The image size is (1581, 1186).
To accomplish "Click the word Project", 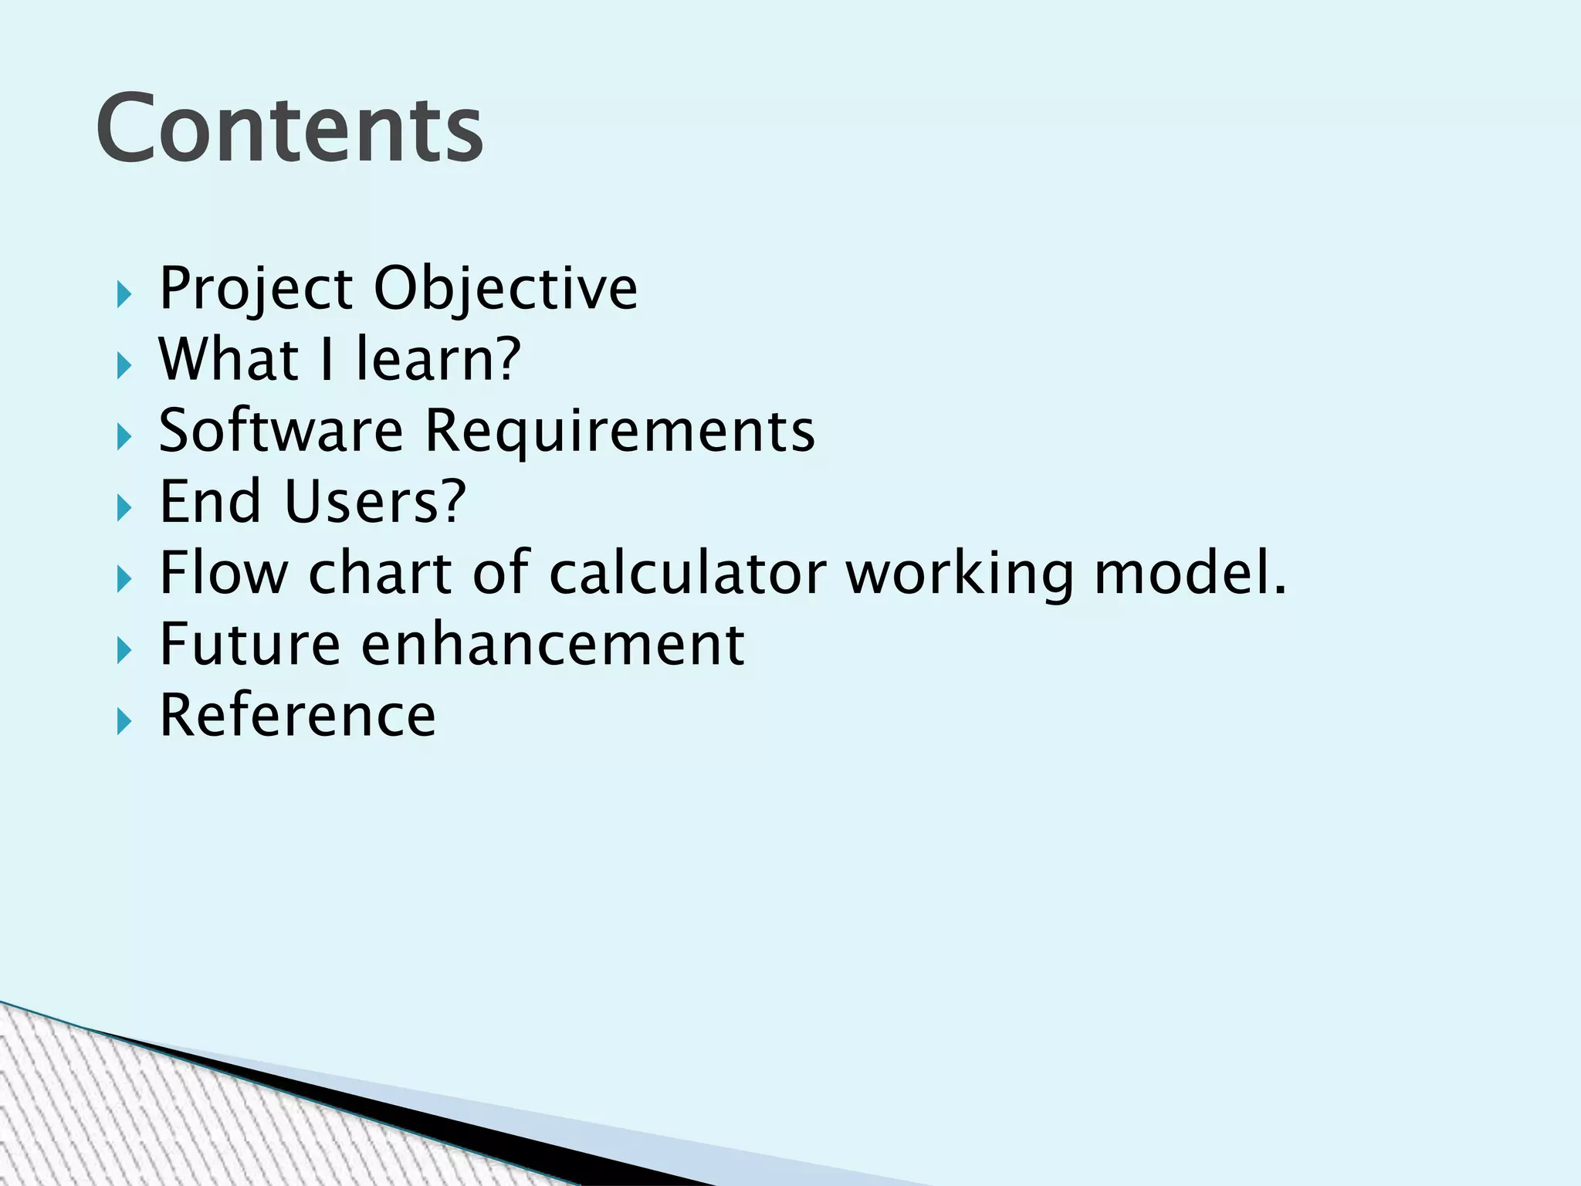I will coord(256,289).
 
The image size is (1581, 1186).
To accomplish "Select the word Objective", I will coord(506,289).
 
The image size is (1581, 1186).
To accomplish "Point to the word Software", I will coord(281,431).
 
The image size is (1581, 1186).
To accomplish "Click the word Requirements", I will coord(619,431).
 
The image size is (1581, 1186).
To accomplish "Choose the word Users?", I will coord(375,502).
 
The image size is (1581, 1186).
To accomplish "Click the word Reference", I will coord(297,716).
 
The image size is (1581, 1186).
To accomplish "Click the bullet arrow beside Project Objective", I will coord(124,294).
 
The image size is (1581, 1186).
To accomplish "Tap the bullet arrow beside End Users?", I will coord(124,508).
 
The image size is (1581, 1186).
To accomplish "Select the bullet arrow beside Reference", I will coord(124,722).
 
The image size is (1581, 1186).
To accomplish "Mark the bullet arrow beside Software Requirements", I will coord(124,437).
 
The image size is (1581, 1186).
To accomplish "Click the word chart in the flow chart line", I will coord(380,573).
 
